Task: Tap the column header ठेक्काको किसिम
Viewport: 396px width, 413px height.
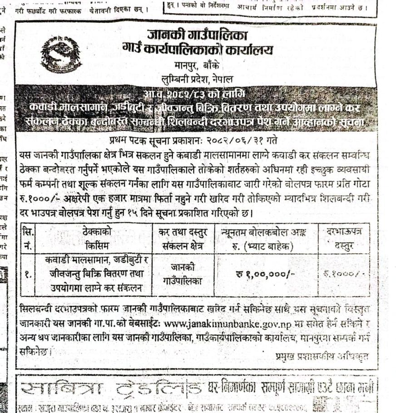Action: pyautogui.click(x=94, y=238)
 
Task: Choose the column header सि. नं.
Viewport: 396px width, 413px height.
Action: pyautogui.click(x=28, y=238)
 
